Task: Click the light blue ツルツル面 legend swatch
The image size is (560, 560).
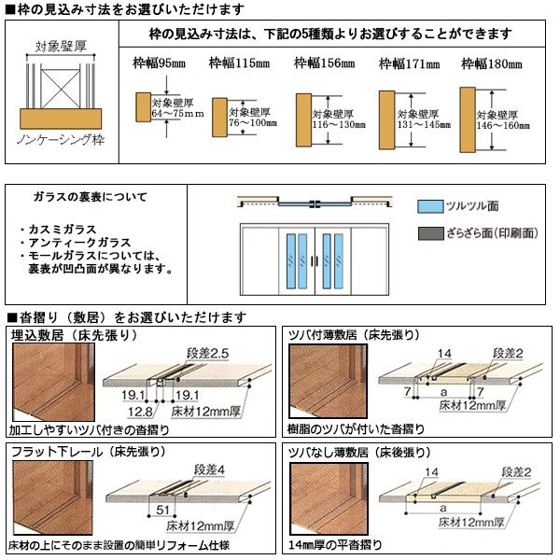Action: tap(427, 206)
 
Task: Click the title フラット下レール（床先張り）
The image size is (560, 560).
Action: tap(88, 451)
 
